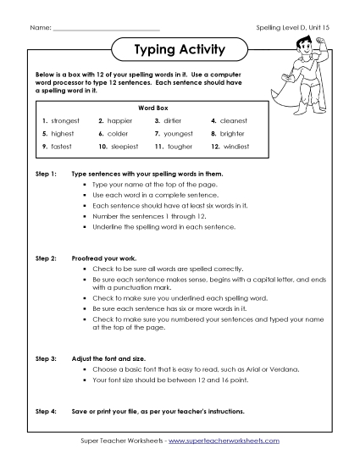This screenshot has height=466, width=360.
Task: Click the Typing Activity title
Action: [x=180, y=50]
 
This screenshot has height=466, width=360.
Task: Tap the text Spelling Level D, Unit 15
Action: [x=291, y=29]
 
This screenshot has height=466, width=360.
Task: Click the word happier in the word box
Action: [x=120, y=121]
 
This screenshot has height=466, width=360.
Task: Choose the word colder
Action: [x=118, y=134]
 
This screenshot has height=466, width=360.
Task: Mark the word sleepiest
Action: [x=122, y=147]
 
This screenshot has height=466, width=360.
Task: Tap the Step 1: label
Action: [x=45, y=173]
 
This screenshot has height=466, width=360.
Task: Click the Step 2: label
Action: [x=45, y=254]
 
